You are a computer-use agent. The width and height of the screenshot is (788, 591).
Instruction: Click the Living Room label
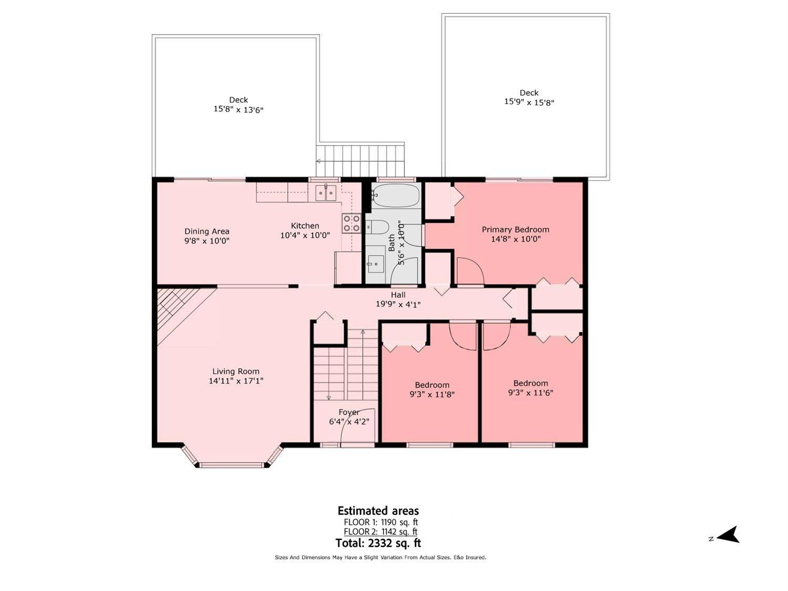236,371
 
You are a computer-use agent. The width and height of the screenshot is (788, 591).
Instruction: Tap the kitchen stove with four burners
351,223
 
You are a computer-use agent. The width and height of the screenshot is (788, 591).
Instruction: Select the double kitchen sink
326,193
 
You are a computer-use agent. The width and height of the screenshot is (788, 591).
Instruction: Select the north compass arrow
728,535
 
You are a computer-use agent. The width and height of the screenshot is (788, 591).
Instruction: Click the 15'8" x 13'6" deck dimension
238,110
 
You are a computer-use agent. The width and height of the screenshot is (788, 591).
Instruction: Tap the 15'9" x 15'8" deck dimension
529,102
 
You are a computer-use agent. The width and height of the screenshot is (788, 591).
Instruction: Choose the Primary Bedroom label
515,230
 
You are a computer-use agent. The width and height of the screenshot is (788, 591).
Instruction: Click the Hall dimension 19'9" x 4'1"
398,304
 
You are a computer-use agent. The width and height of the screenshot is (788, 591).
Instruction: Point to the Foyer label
349,412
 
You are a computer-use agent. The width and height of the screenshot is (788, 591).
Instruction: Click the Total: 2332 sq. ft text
378,543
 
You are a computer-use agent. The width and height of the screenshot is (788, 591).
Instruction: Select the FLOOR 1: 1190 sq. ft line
381,522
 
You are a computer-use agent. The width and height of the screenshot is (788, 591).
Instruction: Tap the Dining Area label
206,231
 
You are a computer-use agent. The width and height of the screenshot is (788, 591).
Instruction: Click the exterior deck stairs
361,160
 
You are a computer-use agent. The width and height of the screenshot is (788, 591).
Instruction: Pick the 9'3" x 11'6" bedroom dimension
531,393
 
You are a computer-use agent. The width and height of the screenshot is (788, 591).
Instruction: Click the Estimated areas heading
378,511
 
